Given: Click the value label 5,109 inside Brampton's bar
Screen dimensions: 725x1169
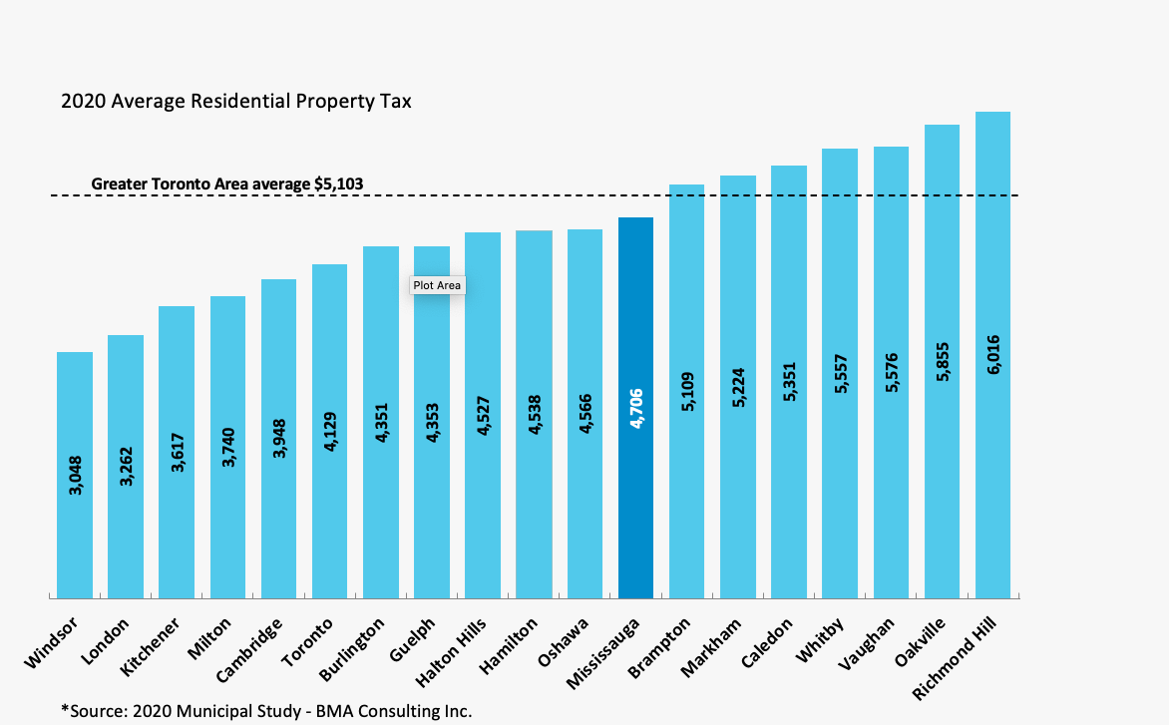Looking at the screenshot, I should [x=687, y=396].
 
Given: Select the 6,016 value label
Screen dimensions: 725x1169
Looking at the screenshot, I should [x=993, y=355].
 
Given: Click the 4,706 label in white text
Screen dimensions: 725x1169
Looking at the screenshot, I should [x=636, y=408].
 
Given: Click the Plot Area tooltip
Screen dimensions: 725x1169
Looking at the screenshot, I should [x=437, y=285].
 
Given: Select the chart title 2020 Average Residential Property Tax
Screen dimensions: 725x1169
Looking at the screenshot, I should [x=236, y=102].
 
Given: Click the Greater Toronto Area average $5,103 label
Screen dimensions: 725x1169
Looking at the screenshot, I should [x=227, y=183].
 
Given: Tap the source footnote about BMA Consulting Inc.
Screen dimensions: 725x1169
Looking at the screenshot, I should [x=265, y=710].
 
